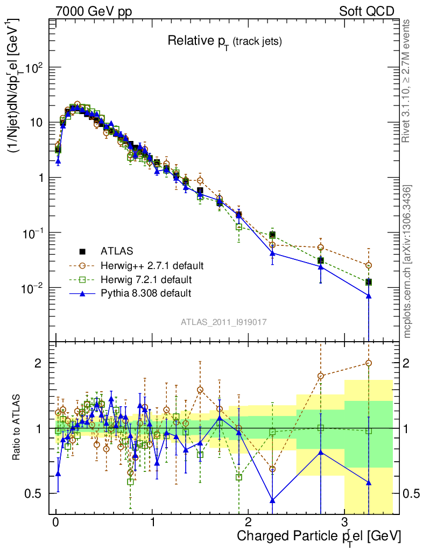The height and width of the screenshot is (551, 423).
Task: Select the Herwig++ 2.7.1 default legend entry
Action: [151, 265]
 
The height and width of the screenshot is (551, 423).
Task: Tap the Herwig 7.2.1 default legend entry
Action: [146, 279]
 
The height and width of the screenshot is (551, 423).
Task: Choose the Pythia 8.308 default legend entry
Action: [146, 293]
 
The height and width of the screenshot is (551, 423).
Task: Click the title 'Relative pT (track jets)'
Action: [224, 41]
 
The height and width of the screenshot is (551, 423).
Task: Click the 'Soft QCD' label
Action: [366, 11]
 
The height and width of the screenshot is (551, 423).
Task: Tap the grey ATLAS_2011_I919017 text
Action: [224, 322]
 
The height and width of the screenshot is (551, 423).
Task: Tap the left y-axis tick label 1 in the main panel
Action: [42, 178]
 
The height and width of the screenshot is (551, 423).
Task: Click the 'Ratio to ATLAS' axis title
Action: [18, 428]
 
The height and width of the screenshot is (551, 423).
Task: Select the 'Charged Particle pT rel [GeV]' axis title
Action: [319, 536]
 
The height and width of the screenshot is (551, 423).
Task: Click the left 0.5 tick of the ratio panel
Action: [36, 493]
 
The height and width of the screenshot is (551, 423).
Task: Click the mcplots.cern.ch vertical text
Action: [408, 262]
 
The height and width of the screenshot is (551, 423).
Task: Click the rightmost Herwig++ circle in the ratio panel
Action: [369, 363]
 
